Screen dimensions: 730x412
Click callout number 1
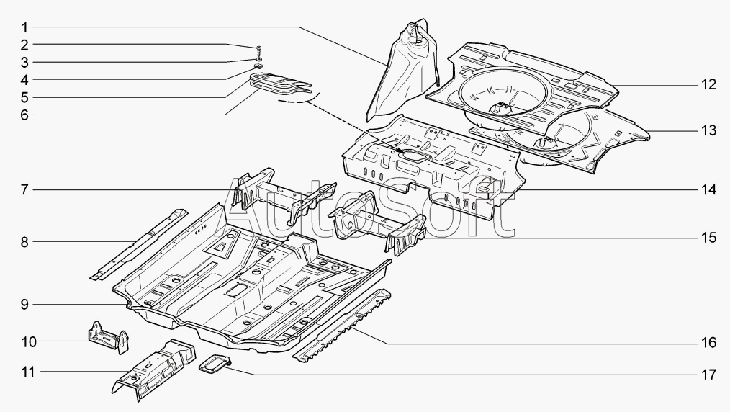(x=24, y=27)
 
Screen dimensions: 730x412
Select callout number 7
(x=24, y=189)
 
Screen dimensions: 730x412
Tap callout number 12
(x=708, y=85)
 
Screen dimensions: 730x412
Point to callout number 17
(x=708, y=375)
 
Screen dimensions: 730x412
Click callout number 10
(x=28, y=341)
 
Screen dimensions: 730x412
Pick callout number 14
(x=708, y=189)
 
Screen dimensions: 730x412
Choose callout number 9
(x=24, y=305)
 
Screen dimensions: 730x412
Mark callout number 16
(x=708, y=343)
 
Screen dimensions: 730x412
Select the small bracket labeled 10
(x=109, y=337)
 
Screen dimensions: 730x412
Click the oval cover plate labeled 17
(x=215, y=363)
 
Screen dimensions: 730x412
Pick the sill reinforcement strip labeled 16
(x=342, y=324)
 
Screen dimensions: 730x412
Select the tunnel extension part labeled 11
(x=153, y=370)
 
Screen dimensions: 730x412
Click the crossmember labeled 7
(x=284, y=194)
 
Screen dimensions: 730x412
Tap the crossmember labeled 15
(x=377, y=223)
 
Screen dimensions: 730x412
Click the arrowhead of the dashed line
(x=403, y=151)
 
